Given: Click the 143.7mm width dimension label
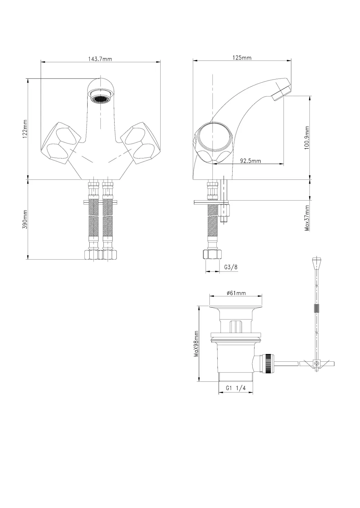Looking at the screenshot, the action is click(100, 59).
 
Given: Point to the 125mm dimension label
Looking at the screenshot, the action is click(242, 58).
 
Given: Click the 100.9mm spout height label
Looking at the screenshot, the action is click(307, 138).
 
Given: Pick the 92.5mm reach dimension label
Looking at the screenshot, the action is click(251, 161).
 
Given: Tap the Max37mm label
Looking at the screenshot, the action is click(307, 218).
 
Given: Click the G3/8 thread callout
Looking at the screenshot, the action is click(231, 267).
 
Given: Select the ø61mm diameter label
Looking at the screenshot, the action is click(236, 293).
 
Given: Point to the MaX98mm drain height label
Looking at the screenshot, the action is click(196, 344).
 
